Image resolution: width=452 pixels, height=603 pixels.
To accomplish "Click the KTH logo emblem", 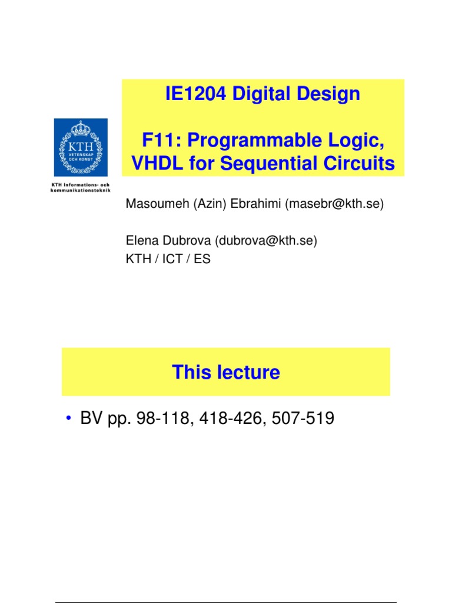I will coord(81,147).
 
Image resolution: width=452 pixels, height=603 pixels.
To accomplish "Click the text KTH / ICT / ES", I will coord(168,258).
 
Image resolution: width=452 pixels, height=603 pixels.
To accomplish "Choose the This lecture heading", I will coord(226,372).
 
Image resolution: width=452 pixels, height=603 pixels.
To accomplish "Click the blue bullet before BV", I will coord(69,419).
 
